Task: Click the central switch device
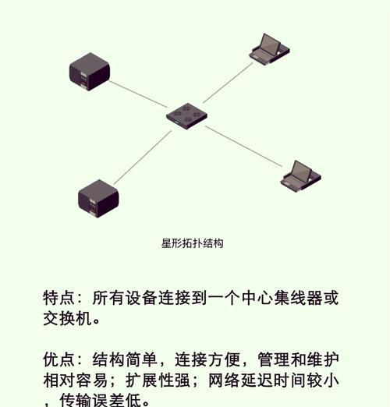186,116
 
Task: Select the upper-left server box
90,72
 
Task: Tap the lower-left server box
98,199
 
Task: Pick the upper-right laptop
269,49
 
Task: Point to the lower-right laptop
300,176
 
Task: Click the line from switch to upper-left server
138,94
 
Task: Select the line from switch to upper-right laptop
228,83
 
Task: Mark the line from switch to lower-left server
143,157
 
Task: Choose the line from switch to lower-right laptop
243,147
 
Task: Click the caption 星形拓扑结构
193,243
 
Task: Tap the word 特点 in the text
59,298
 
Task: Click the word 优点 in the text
59,359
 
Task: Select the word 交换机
68,318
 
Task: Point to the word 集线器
298,298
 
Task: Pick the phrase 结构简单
125,359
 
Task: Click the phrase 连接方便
207,359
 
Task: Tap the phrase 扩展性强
158,380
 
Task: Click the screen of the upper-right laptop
271,44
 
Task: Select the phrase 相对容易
76,380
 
